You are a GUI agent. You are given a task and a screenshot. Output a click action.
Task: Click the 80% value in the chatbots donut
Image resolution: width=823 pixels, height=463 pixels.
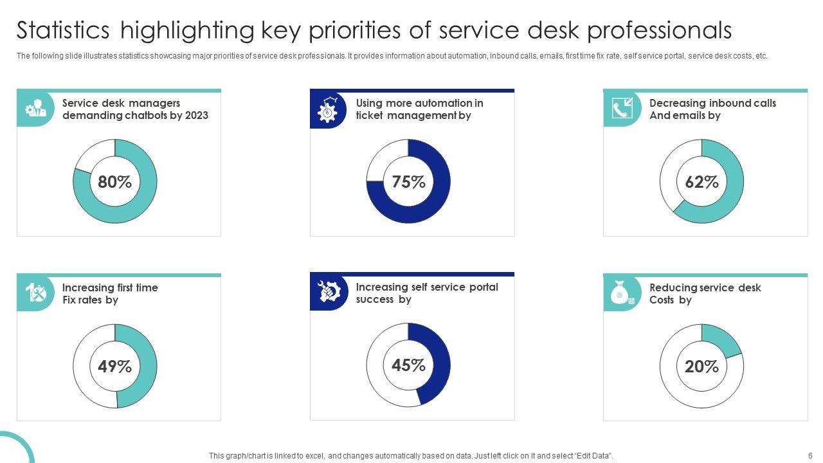114,182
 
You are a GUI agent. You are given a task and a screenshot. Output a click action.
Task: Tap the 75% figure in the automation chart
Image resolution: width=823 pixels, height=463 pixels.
408,182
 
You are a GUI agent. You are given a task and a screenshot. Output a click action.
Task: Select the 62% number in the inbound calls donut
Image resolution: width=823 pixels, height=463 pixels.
701,182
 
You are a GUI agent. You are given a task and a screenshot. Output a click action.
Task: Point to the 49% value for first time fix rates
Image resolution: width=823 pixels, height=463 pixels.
114,367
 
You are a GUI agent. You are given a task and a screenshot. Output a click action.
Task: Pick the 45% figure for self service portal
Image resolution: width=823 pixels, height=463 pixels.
408,365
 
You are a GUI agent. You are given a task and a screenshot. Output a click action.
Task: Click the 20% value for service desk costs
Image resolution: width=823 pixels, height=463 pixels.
701,367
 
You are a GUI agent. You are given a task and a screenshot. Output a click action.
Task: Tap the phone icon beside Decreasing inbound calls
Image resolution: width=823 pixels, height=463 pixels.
621,109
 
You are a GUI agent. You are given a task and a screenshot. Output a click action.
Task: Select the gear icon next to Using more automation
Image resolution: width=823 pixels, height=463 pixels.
328,109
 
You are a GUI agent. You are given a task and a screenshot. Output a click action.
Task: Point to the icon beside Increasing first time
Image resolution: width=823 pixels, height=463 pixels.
35,293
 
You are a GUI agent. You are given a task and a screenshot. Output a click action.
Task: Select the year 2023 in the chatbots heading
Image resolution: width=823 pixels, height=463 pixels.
196,116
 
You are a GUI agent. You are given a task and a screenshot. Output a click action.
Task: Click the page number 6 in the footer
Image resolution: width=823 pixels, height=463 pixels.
810,455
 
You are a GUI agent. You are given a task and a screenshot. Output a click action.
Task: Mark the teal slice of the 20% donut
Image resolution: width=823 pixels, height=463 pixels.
720,339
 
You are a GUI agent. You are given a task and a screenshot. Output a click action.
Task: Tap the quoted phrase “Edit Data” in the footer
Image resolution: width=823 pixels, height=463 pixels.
593,456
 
